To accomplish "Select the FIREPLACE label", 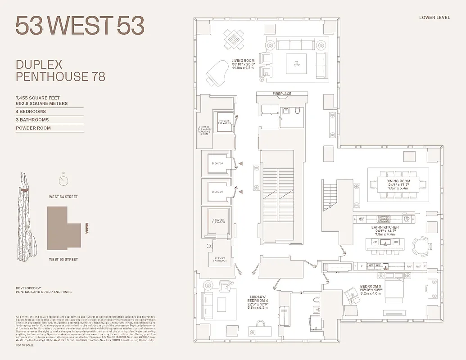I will point(282,94).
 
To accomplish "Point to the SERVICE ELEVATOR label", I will point(218,221).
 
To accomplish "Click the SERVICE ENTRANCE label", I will point(220,260).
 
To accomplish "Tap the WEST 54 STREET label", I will point(63,197).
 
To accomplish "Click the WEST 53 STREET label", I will point(63,259).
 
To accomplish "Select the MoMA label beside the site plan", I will point(87,227).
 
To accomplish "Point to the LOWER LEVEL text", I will point(433,18).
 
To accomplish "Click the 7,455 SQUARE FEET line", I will point(38,98).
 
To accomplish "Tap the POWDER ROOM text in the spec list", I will point(33,128).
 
